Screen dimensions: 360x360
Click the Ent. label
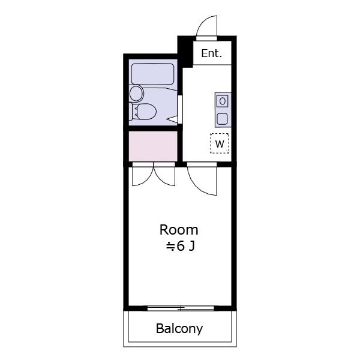211,53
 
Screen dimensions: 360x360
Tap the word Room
179,230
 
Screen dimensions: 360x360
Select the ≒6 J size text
181,247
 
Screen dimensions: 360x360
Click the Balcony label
179,329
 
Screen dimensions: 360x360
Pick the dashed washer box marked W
220,143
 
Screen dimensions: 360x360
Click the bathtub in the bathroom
152,74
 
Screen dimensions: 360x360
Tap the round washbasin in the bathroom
136,94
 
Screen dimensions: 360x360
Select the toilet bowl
146,112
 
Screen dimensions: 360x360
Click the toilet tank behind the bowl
131,112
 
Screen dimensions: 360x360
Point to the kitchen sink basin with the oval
222,101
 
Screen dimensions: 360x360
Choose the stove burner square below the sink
222,119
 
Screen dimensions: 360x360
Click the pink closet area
153,146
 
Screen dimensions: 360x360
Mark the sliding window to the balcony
181,308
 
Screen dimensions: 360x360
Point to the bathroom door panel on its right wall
180,109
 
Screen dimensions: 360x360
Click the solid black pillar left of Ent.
185,52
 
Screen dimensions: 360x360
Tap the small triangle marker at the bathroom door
172,119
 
